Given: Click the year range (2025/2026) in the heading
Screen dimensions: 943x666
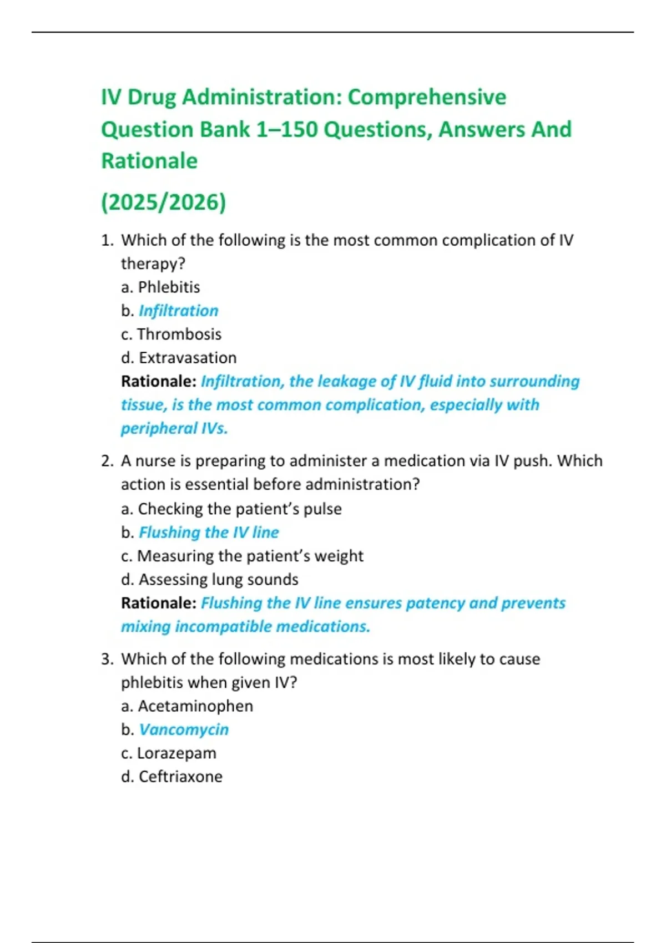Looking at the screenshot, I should pos(164,202).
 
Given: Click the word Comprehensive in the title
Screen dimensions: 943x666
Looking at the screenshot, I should pos(427,97).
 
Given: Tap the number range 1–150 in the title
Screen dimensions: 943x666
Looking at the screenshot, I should pos(287,129).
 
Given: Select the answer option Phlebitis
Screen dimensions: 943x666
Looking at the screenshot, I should pos(169,287).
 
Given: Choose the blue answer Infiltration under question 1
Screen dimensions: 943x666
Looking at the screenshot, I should pos(178,311).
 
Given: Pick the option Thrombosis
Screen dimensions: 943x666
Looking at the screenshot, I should pos(179,334).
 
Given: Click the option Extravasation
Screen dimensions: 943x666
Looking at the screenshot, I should pos(187,358).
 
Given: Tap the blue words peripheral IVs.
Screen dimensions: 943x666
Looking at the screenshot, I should pos(174,428).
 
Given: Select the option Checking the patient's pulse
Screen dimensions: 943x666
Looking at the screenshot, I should pos(239,509).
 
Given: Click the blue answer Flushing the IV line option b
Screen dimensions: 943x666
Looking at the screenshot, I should pos(209,533).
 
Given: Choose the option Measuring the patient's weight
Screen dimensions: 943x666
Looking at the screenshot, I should pos(250,556).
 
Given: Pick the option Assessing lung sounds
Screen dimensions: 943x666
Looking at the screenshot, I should pos(218,580).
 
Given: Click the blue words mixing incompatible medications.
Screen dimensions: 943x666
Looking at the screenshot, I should pos(245,627).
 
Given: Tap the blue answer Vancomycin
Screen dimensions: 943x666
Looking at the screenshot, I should pos(183,729).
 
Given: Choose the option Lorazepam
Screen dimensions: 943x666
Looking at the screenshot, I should pos(176,753).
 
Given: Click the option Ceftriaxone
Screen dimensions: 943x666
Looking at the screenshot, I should pos(180,777).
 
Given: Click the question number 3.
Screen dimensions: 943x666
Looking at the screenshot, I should pos(107,659).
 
